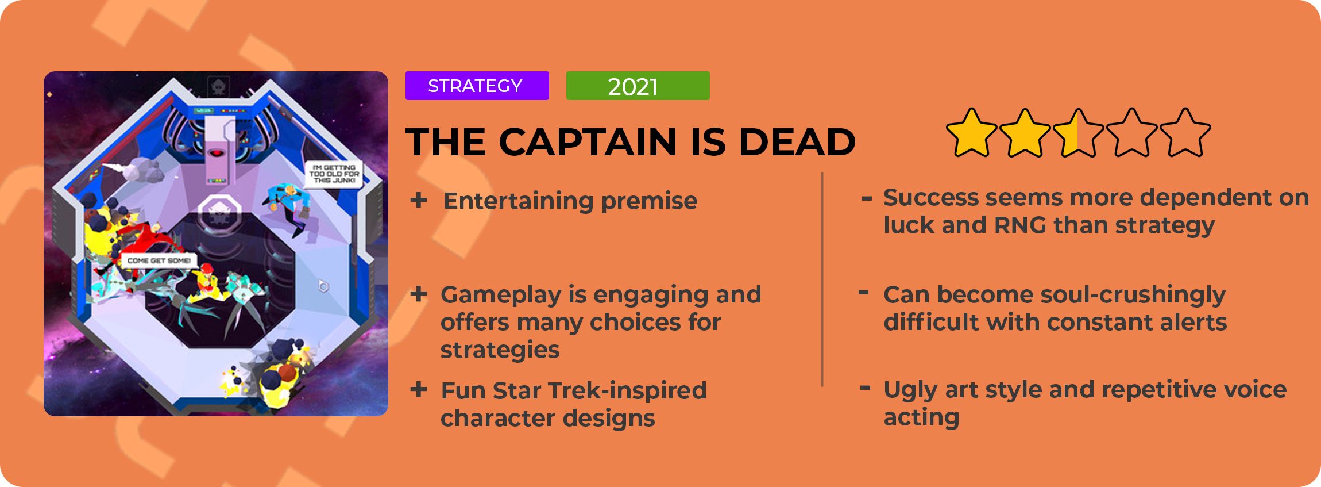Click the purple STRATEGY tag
tap(477, 86)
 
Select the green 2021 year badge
tap(638, 86)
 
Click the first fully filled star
tap(972, 133)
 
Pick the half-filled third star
tap(1078, 133)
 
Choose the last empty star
tap(1185, 133)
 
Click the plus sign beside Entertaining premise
tap(419, 200)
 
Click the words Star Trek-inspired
tap(600, 390)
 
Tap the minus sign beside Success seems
tap(867, 199)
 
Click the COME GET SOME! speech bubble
tap(159, 260)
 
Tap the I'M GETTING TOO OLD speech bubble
tap(334, 174)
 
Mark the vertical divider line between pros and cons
tap(822, 279)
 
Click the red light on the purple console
tap(217, 154)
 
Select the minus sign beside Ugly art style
tap(865, 389)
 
